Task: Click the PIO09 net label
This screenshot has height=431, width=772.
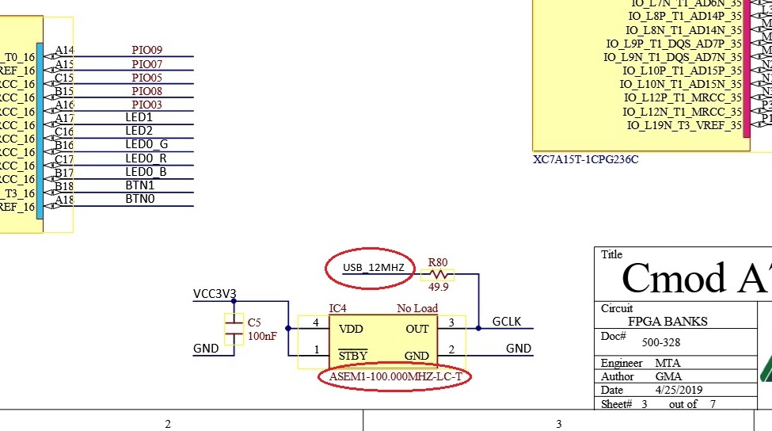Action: (x=146, y=51)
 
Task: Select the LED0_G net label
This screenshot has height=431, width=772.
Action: (x=146, y=145)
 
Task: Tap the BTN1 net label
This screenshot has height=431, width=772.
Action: (x=140, y=185)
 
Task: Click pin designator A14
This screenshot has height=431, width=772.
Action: (x=64, y=51)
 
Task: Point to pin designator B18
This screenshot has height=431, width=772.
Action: (x=64, y=186)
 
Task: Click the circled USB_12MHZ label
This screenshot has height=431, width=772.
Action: (x=373, y=268)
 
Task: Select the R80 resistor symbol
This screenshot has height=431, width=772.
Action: (x=437, y=274)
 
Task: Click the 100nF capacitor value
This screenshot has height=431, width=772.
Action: (x=262, y=336)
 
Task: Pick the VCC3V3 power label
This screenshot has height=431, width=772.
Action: (x=215, y=294)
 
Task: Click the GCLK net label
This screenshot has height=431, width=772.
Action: (x=507, y=322)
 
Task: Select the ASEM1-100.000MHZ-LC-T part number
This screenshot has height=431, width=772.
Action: (x=395, y=377)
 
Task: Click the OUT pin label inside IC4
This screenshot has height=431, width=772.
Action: (x=416, y=328)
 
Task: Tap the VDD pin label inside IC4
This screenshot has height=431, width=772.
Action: (x=351, y=328)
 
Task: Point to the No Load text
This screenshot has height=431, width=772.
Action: (x=417, y=308)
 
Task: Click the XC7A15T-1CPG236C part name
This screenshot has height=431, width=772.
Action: (x=586, y=159)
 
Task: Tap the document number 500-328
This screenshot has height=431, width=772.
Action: (x=660, y=343)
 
